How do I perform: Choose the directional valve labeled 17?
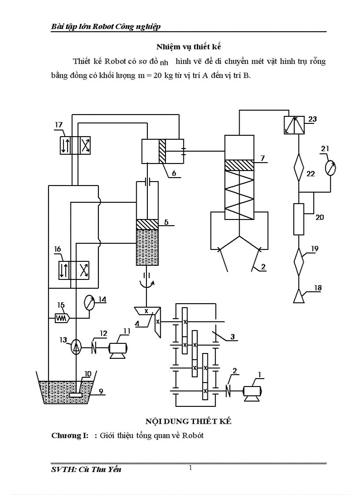point(75,145)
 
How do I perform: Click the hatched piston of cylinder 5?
point(147,224)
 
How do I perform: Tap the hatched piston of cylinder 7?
point(239,165)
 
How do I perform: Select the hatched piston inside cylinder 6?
point(162,151)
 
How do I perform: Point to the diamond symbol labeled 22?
point(299,167)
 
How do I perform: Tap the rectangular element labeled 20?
point(299,219)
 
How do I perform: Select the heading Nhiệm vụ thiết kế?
point(188,46)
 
